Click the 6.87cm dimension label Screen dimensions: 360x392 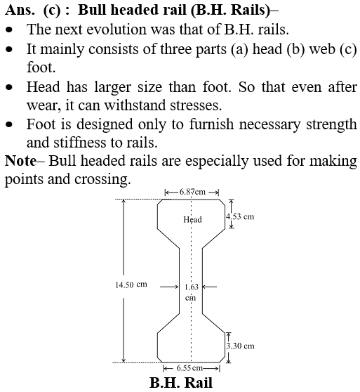click(x=192, y=192)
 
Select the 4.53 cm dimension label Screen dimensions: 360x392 click(x=240, y=216)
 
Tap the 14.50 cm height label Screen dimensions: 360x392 click(x=131, y=285)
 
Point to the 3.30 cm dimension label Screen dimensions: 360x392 click(x=241, y=346)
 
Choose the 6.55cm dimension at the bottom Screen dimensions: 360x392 click(x=189, y=368)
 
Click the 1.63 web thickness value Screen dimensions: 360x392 click(x=192, y=287)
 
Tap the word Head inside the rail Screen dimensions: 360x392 click(x=192, y=219)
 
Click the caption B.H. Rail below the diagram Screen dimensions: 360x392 click(x=181, y=383)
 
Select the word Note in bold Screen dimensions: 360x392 click(x=20, y=160)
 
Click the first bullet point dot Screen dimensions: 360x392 click(x=9, y=30)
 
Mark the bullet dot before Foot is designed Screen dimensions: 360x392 click(x=9, y=124)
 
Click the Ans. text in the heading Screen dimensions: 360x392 click(x=20, y=10)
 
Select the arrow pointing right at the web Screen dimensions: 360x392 click(x=169, y=287)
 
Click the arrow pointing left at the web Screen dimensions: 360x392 click(x=209, y=287)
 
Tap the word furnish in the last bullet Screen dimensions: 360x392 click(x=211, y=124)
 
